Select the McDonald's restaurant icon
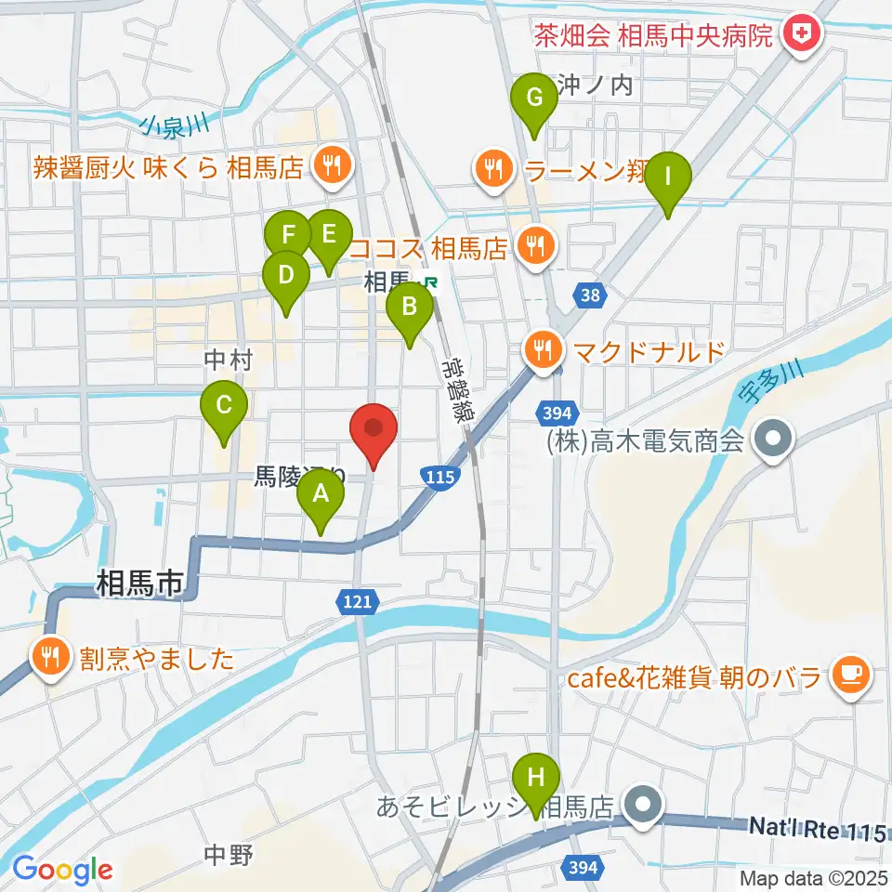(542, 351)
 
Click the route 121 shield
(358, 602)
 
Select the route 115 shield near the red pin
(439, 476)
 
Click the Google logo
(62, 870)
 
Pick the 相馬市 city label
(139, 584)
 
